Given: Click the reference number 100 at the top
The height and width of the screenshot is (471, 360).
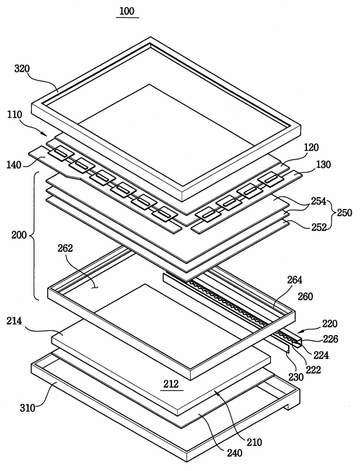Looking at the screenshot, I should tap(127, 11).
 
